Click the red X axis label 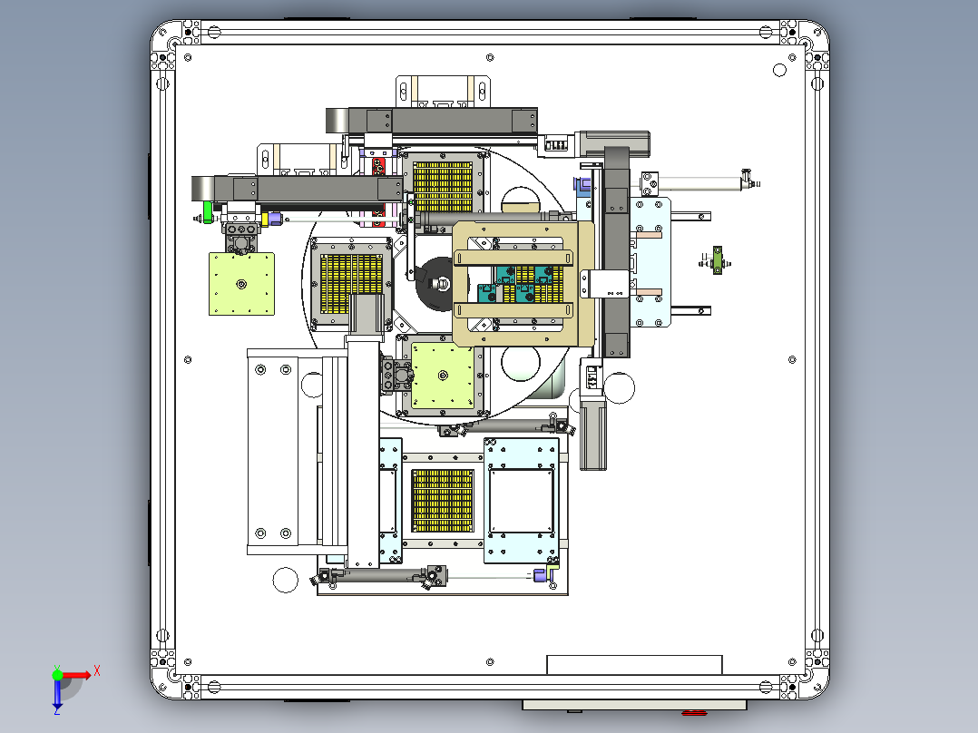pos(97,671)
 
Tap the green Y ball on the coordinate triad pos(57,675)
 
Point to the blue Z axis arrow pos(57,697)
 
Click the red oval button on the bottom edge pos(694,712)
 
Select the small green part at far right pos(718,260)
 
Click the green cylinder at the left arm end pos(208,212)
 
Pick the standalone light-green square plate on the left pos(241,284)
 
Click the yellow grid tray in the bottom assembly pos(443,501)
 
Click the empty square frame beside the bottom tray pos(522,502)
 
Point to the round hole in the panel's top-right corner pos(779,70)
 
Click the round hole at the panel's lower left pos(286,581)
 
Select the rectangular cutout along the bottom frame pos(634,664)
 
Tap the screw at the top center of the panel pos(490,58)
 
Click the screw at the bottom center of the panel pos(490,662)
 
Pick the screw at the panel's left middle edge pos(188,360)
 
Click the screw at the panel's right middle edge pos(792,360)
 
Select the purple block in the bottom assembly pos(540,574)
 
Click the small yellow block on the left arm pos(265,219)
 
